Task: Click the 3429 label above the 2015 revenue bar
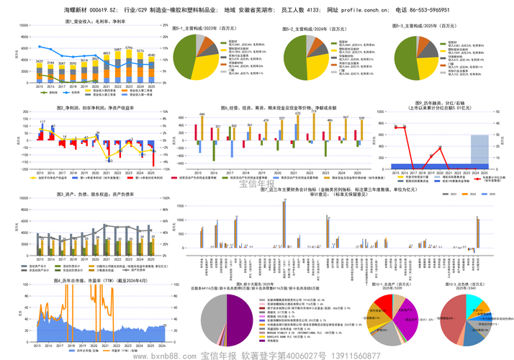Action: click(x=40, y=62)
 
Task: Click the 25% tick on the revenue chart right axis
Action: click(x=166, y=25)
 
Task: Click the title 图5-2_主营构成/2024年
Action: click(x=311, y=27)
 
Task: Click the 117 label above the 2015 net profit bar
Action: click(x=42, y=122)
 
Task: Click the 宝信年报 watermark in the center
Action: click(x=257, y=184)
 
